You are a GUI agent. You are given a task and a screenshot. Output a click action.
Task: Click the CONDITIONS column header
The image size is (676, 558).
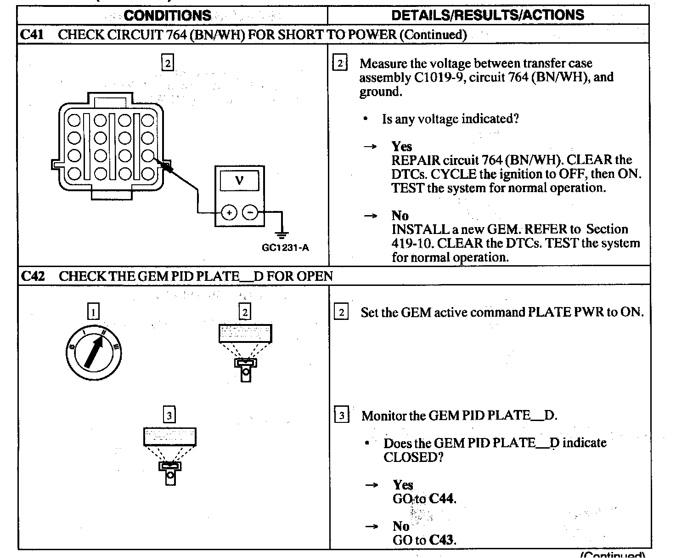168,15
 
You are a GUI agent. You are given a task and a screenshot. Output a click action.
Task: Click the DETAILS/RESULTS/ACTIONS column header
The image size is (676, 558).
488,15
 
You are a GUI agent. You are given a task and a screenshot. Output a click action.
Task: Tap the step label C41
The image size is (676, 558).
33,34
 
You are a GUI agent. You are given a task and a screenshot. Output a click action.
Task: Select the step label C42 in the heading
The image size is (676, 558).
33,276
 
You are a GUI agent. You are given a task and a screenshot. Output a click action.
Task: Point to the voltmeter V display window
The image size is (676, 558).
239,180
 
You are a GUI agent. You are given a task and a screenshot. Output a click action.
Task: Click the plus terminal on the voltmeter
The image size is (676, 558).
229,212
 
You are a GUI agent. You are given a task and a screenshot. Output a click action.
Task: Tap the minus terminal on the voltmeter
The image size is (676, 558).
250,212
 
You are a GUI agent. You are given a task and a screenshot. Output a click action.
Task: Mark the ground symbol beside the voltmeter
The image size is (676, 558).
282,234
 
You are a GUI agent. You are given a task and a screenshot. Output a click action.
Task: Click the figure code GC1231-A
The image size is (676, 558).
285,248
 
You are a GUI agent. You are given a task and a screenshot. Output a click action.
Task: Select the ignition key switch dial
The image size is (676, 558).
94,353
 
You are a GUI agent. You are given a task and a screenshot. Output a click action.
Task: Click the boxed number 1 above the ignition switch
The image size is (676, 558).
93,313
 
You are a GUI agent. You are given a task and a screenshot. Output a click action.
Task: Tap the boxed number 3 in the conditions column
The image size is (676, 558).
169,416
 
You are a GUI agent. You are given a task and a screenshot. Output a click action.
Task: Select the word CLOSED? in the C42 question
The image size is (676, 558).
413,457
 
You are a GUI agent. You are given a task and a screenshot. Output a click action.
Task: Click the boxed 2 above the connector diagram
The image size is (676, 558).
168,63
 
